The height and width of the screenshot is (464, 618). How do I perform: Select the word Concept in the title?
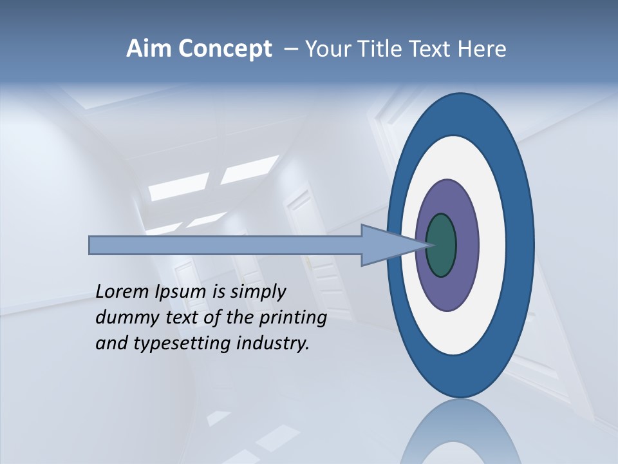[225, 49]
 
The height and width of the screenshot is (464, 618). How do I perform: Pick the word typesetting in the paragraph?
[180, 344]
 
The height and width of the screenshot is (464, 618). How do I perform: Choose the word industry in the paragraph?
[273, 343]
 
